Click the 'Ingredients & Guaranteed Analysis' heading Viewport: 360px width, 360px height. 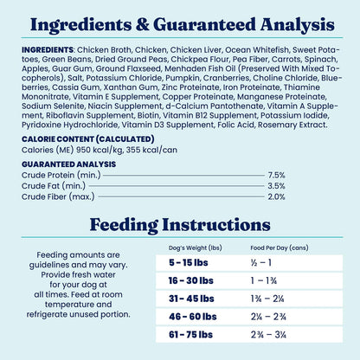pos(180,23)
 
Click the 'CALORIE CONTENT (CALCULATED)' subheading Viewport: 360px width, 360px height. pos(77,139)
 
